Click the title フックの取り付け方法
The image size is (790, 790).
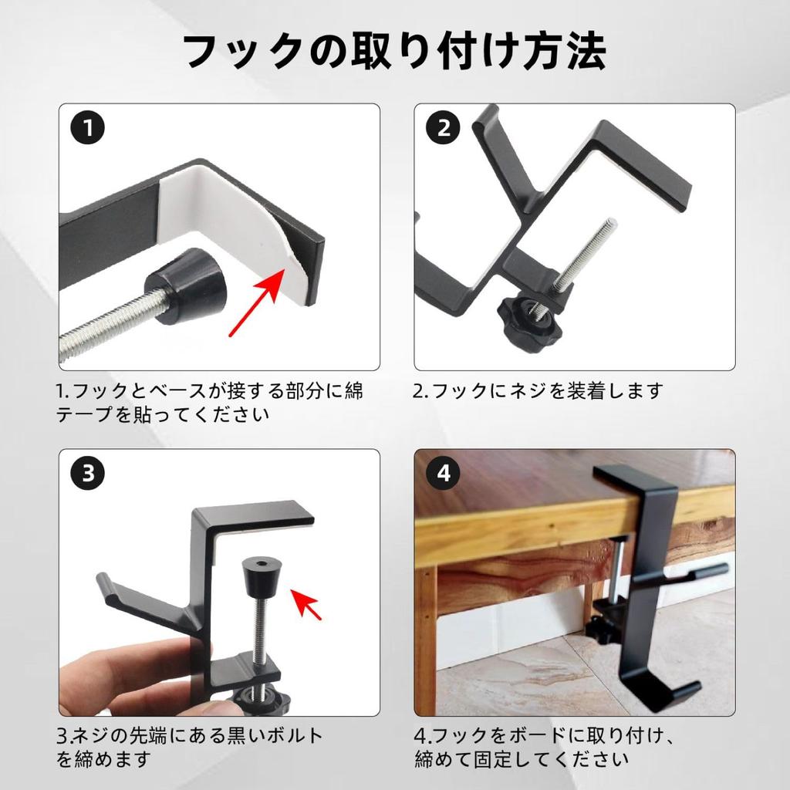pyautogui.click(x=394, y=51)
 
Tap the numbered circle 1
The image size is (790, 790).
pyautogui.click(x=88, y=127)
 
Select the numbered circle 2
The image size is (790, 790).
pyautogui.click(x=444, y=127)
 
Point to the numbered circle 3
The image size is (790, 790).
pyautogui.click(x=88, y=473)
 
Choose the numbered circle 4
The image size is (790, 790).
pyautogui.click(x=444, y=473)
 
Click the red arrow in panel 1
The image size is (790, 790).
pyautogui.click(x=257, y=302)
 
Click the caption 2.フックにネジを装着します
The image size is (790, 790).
pyautogui.click(x=537, y=391)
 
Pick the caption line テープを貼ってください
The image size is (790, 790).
pyautogui.click(x=162, y=414)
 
